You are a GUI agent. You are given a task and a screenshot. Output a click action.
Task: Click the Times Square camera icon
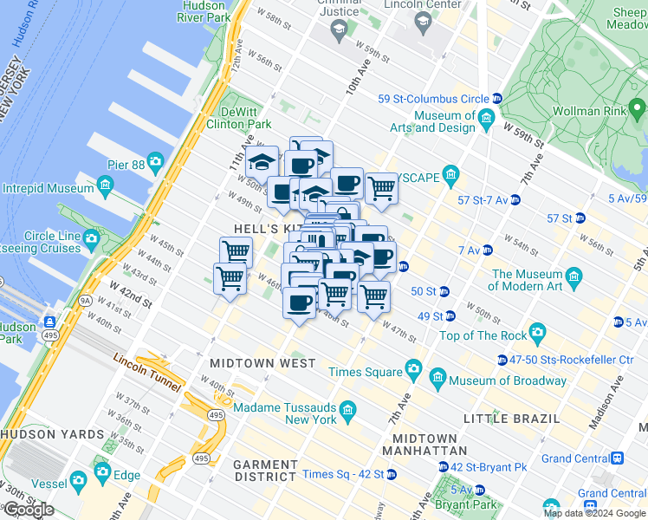click(x=414, y=371)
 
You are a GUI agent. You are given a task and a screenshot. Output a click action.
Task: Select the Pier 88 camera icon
click(x=155, y=161)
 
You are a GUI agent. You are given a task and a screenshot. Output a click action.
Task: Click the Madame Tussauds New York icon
click(x=347, y=408)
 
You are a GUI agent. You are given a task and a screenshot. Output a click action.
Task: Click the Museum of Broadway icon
click(x=437, y=379)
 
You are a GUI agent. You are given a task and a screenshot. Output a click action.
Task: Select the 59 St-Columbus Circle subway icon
click(x=496, y=99)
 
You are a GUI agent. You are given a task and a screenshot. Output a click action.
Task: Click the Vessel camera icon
click(x=79, y=479)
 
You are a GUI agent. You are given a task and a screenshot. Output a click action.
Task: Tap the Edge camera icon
click(x=103, y=472)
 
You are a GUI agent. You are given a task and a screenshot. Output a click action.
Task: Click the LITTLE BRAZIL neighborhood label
click(x=511, y=419)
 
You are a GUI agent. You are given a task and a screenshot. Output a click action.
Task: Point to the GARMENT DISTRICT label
click(x=265, y=470)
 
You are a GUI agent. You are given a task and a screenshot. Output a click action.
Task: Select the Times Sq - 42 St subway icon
click(x=392, y=474)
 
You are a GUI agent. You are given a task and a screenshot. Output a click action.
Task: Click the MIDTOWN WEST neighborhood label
click(x=262, y=363)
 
